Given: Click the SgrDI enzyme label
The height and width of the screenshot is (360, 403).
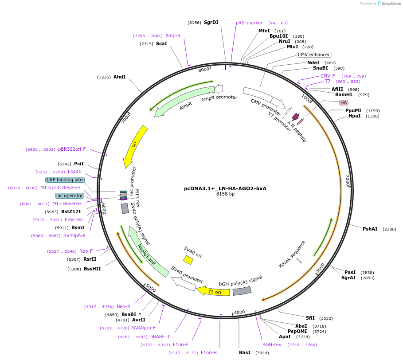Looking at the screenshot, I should tap(211, 22).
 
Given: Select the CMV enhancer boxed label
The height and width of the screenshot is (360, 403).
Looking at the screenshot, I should tap(313, 55).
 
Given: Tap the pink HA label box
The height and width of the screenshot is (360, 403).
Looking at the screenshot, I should tap(344, 102).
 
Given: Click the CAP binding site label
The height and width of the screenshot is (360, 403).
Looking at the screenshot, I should tap(64, 180).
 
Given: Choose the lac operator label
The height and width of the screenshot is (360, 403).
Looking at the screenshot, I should tap(70, 196).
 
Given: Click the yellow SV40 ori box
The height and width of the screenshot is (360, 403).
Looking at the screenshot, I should tap(188, 259).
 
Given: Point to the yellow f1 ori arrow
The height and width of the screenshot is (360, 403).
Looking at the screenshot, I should tap(213, 291).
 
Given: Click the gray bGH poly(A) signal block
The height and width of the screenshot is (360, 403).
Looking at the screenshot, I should tap(242, 291).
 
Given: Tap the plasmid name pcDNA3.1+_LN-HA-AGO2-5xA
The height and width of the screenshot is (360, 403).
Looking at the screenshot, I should tap(225, 188).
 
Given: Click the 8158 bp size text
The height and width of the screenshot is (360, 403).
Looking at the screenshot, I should tap(225, 194).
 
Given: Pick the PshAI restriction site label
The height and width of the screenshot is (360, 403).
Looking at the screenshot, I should tap(370, 229).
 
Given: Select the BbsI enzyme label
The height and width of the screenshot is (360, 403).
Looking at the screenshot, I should tap(245, 352).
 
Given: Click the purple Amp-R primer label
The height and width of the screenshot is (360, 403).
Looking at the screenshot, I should tap(173, 35).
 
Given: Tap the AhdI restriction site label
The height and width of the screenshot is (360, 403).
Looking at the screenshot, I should tap(119, 77).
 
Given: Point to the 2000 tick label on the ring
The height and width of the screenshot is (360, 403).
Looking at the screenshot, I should tap(348, 180).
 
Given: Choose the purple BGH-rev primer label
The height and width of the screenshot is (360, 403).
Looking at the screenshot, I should tap(272, 344).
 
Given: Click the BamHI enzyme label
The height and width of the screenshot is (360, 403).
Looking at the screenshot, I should tap(344, 94).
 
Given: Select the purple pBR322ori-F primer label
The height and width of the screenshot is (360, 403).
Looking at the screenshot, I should tap(72, 149).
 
